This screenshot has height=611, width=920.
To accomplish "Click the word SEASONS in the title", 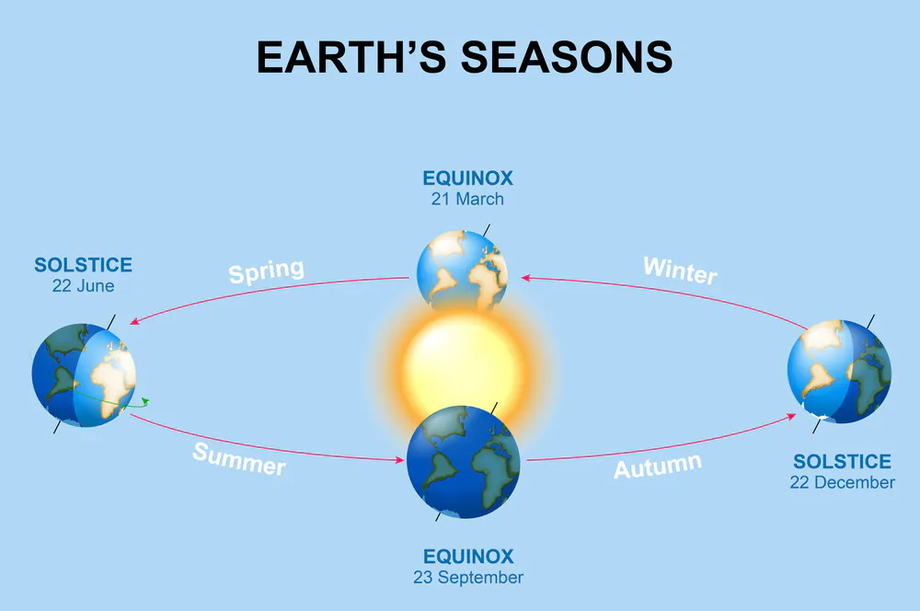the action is tap(566, 58).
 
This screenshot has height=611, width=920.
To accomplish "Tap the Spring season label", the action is tap(267, 271).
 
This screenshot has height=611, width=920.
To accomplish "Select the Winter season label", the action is tap(680, 271).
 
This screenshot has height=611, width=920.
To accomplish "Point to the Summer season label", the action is tap(239, 459).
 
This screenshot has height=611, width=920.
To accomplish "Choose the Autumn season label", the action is tap(658, 466).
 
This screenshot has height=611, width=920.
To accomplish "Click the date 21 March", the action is tap(467, 199).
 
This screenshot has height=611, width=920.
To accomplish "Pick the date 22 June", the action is tap(84, 286).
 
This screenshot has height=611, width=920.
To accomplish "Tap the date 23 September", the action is tap(468, 578).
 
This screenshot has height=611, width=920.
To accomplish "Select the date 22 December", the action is tap(842, 482).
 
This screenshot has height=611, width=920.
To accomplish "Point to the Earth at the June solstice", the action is tap(84, 375).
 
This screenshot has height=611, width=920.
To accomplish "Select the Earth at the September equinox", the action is tap(464, 462).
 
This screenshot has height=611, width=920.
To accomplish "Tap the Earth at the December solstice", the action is tap(840, 372).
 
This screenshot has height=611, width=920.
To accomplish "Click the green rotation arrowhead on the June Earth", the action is tap(145, 401).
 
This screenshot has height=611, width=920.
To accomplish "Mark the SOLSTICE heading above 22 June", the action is tap(84, 265).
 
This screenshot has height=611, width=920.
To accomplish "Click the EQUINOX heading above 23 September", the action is tap(468, 557).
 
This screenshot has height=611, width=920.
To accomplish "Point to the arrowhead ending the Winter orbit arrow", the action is tap(525, 278).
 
